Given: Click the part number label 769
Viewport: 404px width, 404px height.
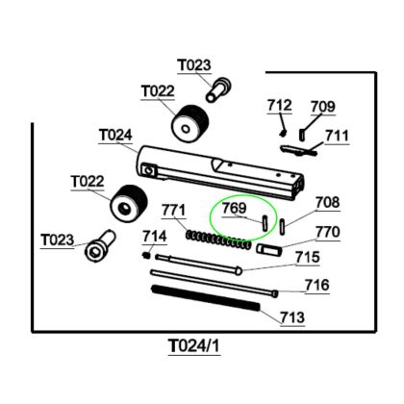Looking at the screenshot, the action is click(235, 208).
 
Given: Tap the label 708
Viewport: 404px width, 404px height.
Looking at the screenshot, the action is click(327, 203).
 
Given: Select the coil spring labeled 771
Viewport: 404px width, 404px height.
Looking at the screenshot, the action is click(218, 240).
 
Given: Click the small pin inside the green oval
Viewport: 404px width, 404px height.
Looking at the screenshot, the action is click(265, 222).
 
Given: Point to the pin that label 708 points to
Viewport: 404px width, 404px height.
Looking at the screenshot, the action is click(283, 227).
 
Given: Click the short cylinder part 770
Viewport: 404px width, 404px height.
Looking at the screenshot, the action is click(269, 250).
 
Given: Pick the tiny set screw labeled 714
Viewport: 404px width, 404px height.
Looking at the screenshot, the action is click(146, 255).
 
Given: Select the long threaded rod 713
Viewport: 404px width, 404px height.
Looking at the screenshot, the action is click(206, 298).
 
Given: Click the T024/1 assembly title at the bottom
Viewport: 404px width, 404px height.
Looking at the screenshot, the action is click(194, 346).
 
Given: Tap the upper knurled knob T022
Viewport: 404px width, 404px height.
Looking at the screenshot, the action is click(189, 123).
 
